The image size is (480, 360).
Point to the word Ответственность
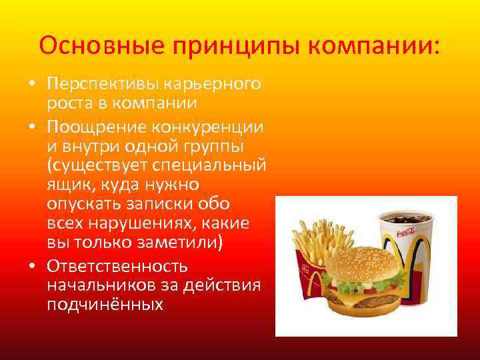point(117,266)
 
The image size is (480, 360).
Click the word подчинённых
point(105,305)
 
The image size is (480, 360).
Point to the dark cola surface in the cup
point(407,218)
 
